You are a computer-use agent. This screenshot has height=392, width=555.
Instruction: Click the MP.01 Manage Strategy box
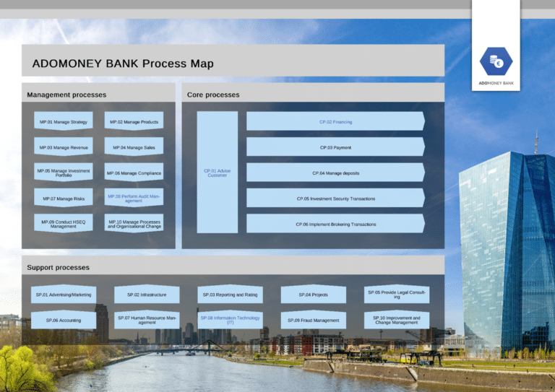point(64,122)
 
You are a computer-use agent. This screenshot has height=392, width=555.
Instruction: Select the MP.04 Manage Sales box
point(134,147)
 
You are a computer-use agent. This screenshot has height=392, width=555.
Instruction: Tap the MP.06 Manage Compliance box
point(134,173)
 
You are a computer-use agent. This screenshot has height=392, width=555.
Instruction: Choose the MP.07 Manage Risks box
point(64,199)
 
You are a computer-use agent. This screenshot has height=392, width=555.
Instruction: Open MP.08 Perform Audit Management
point(134,199)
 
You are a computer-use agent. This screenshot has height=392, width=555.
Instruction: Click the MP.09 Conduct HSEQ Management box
point(64,224)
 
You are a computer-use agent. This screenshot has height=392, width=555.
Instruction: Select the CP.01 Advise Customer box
point(218,173)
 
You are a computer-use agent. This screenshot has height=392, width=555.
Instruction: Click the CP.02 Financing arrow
point(335,122)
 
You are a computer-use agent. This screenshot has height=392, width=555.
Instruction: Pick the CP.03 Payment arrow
point(335,147)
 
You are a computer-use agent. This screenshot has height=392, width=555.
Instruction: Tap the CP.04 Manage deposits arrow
point(335,173)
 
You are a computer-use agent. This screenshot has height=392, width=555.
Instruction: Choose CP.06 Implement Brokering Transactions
point(335,224)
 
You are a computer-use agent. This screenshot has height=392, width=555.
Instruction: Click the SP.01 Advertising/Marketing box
point(64,295)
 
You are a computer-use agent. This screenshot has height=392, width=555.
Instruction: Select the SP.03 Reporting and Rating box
point(230,295)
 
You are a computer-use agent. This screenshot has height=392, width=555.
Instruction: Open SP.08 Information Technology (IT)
point(230,320)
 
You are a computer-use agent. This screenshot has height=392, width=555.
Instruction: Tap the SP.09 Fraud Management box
point(313,320)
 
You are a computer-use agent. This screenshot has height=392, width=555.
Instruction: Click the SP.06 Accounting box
point(64,320)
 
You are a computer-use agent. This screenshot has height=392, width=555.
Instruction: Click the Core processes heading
point(213,95)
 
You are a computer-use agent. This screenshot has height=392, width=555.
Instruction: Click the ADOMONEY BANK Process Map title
point(123,64)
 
